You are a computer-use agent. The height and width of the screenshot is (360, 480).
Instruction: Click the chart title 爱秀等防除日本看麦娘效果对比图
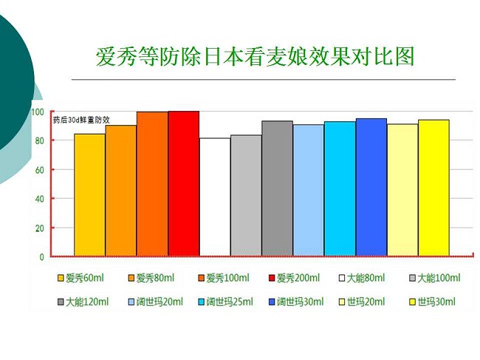pos(256,56)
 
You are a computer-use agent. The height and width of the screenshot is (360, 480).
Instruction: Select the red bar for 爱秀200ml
pos(184,183)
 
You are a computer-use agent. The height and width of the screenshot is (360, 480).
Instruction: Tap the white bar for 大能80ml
pos(215,197)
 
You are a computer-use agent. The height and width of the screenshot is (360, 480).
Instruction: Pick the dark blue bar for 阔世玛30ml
pos(371,187)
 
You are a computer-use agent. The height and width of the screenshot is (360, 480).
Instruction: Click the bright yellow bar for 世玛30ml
pos(433,188)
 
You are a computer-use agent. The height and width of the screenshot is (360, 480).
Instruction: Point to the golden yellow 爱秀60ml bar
pos(89,195)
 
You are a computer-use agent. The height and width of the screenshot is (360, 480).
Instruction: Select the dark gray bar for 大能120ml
pos(278,189)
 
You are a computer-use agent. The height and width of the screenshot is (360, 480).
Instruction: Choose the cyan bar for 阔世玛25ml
pos(340,189)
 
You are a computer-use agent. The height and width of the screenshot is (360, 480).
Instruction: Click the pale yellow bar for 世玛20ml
pos(402,190)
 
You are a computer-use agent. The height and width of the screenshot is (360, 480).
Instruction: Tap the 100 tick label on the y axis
pos(38,112)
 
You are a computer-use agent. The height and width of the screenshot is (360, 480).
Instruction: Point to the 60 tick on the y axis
pos(39,170)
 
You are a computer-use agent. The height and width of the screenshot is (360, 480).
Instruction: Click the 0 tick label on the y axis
pos(41,257)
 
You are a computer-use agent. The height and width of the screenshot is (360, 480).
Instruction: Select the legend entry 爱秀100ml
pos(224,278)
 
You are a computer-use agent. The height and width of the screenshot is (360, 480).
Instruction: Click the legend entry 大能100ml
pos(435,278)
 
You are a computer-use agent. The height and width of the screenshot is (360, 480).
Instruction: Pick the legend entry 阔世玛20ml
pos(156,302)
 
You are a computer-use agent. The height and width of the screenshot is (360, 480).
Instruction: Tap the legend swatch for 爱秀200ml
pos(272,278)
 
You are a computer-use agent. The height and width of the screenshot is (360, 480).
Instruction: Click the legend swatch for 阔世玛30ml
pos(272,302)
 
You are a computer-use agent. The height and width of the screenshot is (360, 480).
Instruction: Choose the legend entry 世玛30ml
pos(433,302)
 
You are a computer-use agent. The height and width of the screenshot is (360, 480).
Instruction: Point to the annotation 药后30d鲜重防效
pos(81,120)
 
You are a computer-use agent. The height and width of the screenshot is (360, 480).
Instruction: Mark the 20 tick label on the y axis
pos(39,228)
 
